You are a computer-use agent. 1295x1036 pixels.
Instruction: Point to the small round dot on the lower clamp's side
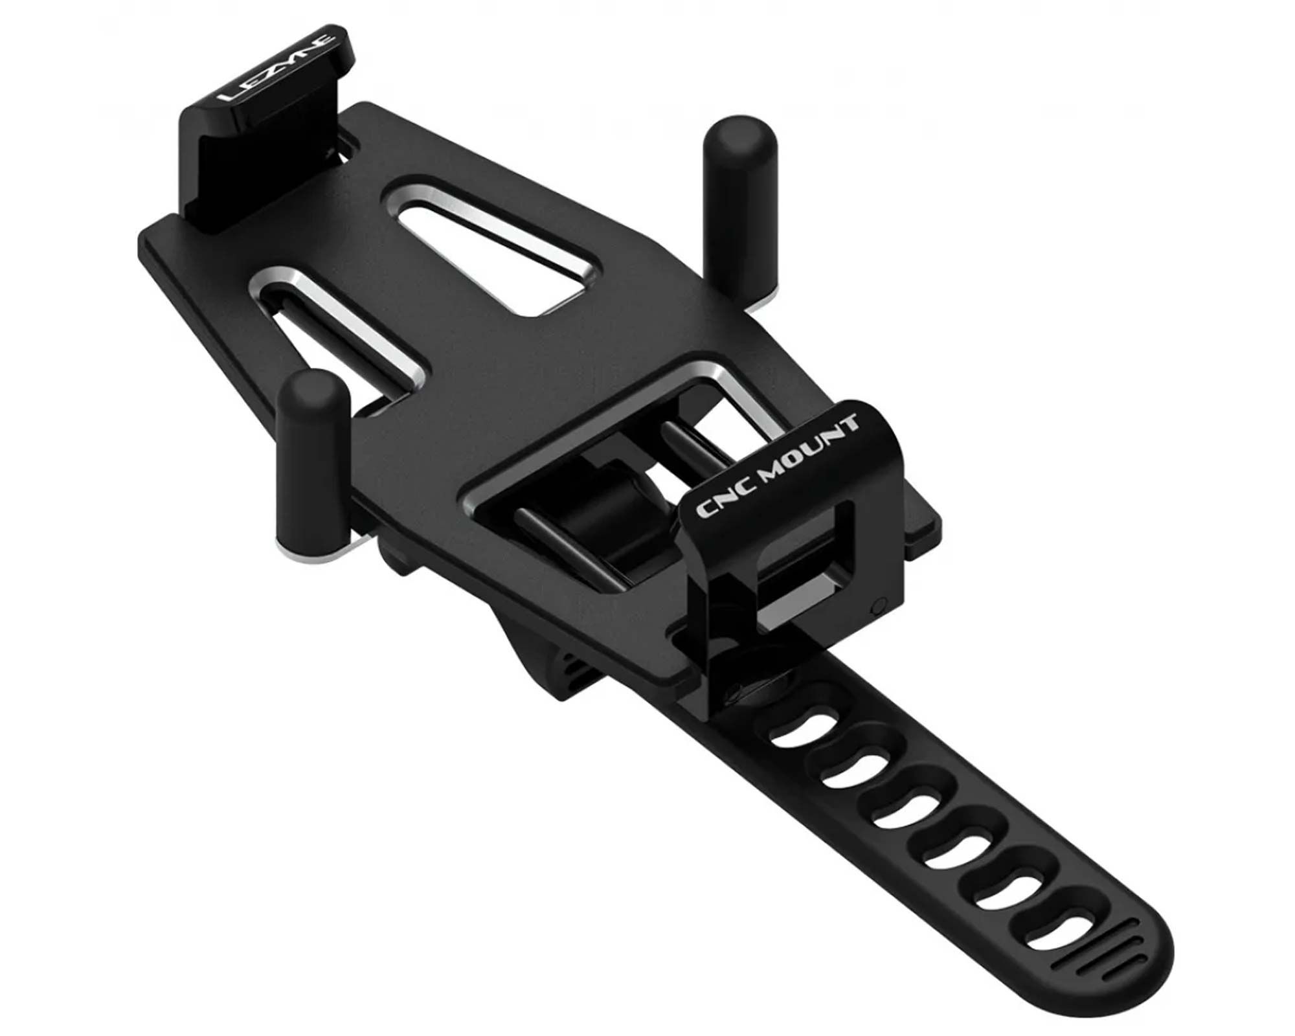coord(878,607)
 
